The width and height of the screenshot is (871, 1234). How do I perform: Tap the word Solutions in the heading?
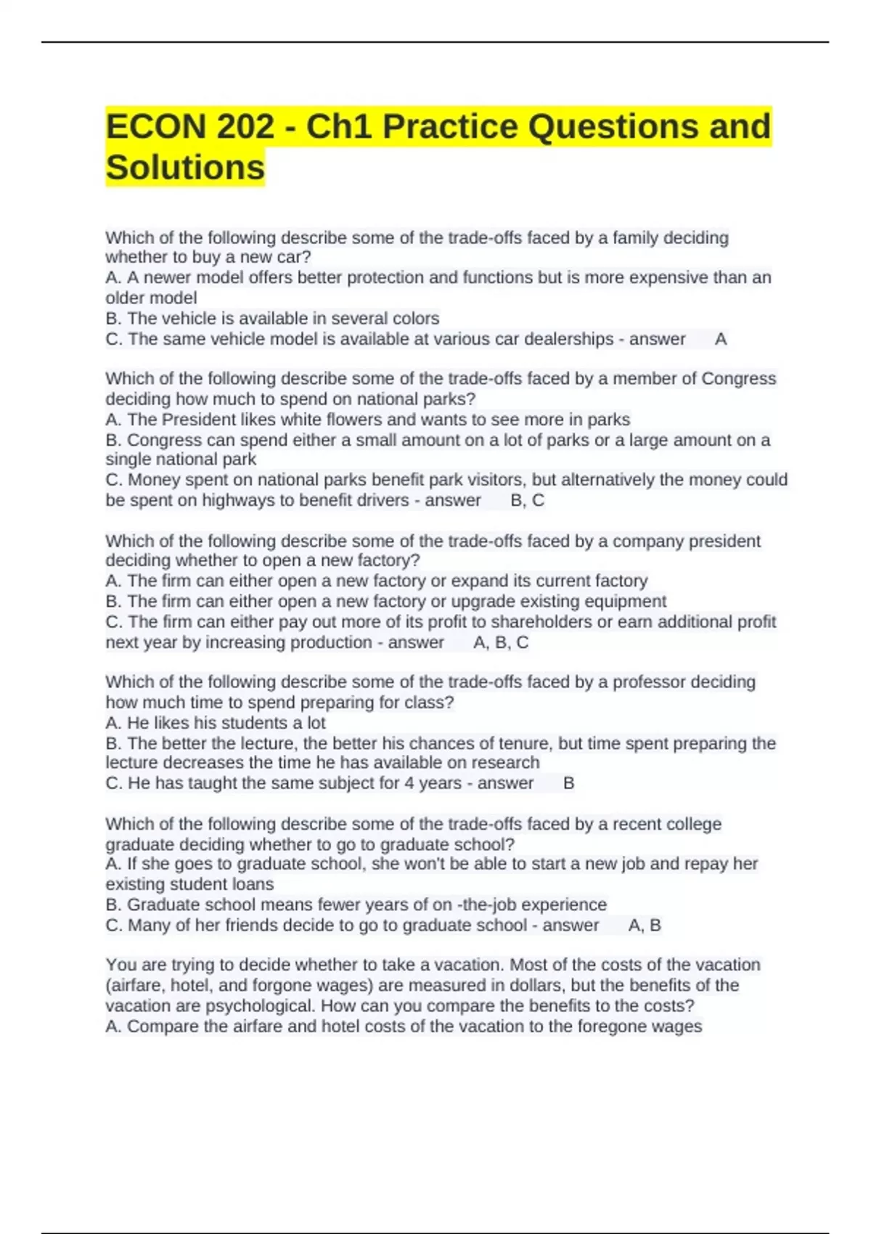point(185,168)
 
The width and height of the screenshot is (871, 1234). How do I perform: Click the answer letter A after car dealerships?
point(721,339)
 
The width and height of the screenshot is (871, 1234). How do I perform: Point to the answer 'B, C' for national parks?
point(528,500)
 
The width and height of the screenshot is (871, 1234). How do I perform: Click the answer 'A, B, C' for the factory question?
point(501,642)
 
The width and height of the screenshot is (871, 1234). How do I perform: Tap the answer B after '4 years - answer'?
point(569,783)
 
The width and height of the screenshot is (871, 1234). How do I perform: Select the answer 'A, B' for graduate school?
point(645,925)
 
